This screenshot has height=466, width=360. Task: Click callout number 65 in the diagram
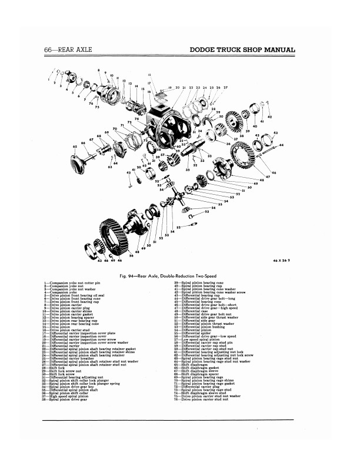point(74,146)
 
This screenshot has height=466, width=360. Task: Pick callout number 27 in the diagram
point(225,87)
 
